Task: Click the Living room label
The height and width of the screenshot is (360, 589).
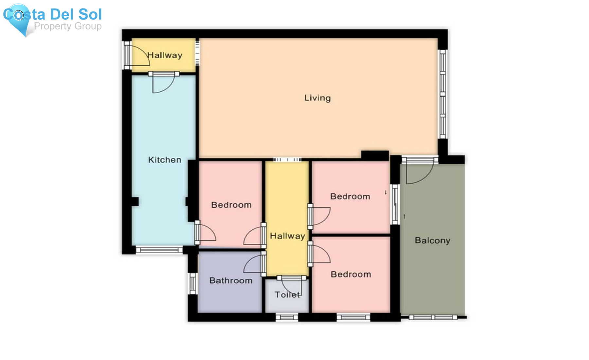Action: coord(317,98)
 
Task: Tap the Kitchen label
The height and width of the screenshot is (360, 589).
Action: coord(165,160)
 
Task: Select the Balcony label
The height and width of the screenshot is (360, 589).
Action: coord(432,241)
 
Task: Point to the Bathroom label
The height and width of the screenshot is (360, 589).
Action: coord(231,280)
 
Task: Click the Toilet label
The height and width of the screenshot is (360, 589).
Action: coord(287,295)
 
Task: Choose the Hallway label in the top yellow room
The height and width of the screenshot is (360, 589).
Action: coord(165,55)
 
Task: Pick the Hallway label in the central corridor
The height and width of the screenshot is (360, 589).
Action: coord(287,236)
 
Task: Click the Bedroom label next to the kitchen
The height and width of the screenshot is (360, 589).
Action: coord(231,205)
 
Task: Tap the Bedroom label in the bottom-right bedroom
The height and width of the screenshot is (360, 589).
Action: coord(351,274)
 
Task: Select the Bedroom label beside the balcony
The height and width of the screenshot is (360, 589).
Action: coord(350,196)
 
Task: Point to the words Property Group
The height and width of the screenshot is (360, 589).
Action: coord(68,26)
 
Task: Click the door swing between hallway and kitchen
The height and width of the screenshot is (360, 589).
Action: coord(162,83)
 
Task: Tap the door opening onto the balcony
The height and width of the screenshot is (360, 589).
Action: coord(419,172)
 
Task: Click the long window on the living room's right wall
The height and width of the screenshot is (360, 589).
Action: coord(442,94)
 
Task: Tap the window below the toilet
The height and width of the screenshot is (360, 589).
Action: coord(287,317)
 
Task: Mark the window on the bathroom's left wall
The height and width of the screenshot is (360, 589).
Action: coord(193,283)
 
